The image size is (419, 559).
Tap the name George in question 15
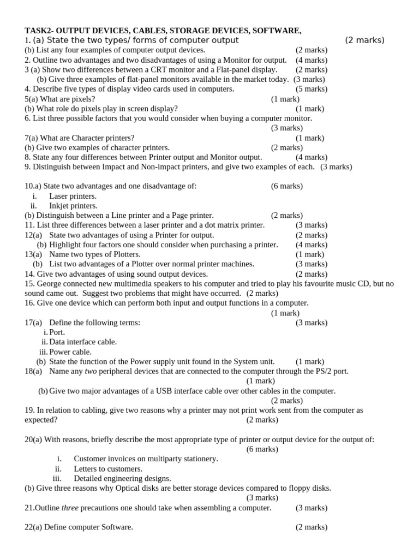(x=49, y=284)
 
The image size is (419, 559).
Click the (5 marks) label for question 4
(x=312, y=89)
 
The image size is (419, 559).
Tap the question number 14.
(x=29, y=274)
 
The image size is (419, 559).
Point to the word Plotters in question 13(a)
(x=125, y=254)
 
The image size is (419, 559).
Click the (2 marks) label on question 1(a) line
(x=364, y=40)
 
